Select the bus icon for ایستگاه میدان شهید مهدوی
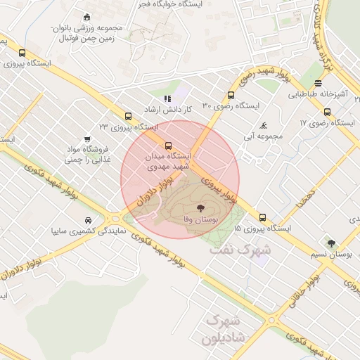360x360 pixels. click(167, 146)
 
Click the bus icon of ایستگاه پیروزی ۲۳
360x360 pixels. click(127, 116)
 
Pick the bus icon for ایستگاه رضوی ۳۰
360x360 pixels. click(231, 96)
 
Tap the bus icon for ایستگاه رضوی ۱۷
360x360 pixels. click(327, 112)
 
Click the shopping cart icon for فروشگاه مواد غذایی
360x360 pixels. click(87, 139)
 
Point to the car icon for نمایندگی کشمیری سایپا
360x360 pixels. click(87, 219)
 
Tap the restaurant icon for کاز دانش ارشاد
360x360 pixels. click(167, 99)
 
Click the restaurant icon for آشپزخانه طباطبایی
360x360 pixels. click(319, 83)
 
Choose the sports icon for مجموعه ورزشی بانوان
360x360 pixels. click(86, 17)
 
